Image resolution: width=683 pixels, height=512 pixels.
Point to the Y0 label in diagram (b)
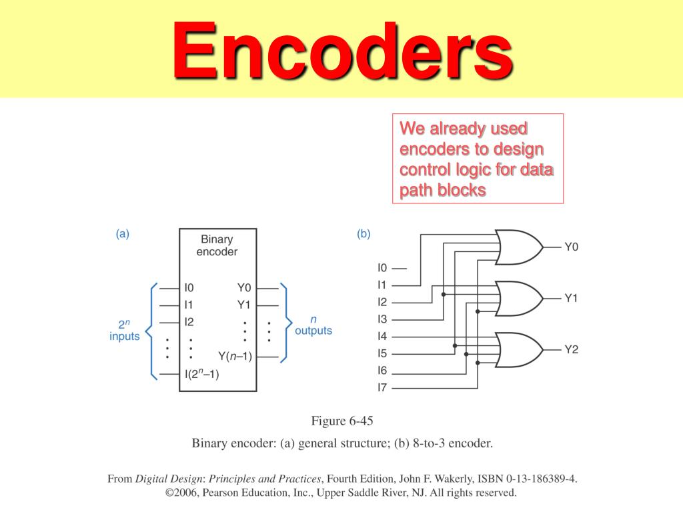coord(571,247)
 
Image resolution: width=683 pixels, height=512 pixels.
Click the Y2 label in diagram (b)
coord(571,349)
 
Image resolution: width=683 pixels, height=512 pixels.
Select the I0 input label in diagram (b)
coord(382,268)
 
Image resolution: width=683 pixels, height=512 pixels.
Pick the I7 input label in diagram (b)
coord(382,387)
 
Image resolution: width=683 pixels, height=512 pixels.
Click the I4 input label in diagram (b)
coord(382,336)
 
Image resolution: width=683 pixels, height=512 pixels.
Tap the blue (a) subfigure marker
coord(122,233)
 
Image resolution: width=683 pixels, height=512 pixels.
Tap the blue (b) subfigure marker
coord(364,233)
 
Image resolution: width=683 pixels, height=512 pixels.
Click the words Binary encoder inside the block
coord(217,245)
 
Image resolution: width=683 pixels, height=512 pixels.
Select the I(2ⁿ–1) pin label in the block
coord(202,374)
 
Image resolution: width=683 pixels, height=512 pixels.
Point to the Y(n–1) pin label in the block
coord(235,356)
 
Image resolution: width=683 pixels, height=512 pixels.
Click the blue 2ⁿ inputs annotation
coord(124,331)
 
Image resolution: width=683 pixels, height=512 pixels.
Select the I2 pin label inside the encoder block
coord(189,321)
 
